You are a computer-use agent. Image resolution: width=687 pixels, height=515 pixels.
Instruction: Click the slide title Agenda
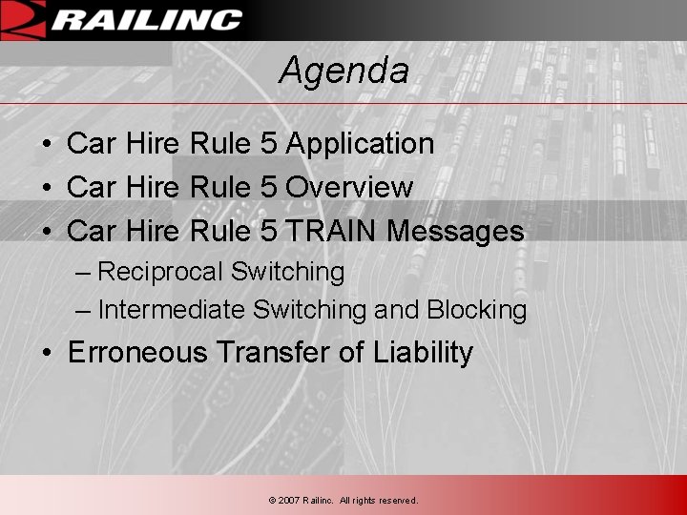point(343,71)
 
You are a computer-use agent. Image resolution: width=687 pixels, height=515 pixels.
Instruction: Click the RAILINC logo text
point(146,20)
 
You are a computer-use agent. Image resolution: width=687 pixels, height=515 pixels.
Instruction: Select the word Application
point(360,144)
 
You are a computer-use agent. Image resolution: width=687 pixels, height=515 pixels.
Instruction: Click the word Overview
point(349,187)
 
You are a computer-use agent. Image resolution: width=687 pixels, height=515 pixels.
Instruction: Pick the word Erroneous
point(137,353)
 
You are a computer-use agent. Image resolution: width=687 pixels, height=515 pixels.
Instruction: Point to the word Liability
point(423,353)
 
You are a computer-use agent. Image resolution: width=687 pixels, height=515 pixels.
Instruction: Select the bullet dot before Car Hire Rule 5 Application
point(47,145)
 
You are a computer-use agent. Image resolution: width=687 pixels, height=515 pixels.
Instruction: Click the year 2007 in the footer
point(288,501)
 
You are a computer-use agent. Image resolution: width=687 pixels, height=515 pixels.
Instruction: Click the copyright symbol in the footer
point(272,501)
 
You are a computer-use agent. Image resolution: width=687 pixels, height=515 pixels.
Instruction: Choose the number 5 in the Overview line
point(269,187)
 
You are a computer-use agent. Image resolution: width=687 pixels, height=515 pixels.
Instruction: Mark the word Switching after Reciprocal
point(287,272)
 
